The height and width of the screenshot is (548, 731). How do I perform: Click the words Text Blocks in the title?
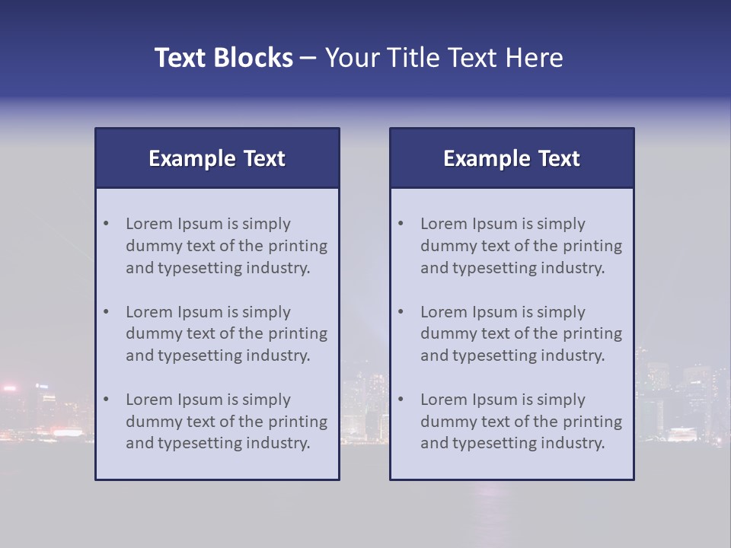(223, 58)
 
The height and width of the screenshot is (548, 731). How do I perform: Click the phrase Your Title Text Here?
(444, 58)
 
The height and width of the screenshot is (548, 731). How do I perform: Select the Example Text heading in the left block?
(217, 158)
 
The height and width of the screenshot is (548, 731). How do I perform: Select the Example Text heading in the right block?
(512, 158)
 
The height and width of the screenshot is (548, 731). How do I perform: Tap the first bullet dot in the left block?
(107, 224)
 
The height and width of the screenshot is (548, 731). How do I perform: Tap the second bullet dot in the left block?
(107, 312)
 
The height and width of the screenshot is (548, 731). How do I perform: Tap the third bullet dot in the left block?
(107, 400)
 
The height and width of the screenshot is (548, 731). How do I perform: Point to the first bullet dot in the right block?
(401, 224)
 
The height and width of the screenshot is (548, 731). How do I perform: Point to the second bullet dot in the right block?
(401, 312)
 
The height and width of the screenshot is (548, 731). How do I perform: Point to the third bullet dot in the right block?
(401, 400)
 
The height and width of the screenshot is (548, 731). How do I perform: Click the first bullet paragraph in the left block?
(225, 246)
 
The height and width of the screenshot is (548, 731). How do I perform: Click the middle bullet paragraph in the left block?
(225, 333)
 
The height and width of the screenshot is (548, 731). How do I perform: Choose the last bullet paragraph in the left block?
(225, 422)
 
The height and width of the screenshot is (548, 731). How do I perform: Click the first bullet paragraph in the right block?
(520, 246)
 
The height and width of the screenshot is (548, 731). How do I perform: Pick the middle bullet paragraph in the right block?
(520, 333)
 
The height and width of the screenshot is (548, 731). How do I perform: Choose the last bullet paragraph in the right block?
(520, 422)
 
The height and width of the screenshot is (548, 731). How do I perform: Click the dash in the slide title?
(308, 59)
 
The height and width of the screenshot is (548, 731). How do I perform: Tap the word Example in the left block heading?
(192, 159)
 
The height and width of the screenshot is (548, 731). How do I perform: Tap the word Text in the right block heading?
(560, 158)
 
